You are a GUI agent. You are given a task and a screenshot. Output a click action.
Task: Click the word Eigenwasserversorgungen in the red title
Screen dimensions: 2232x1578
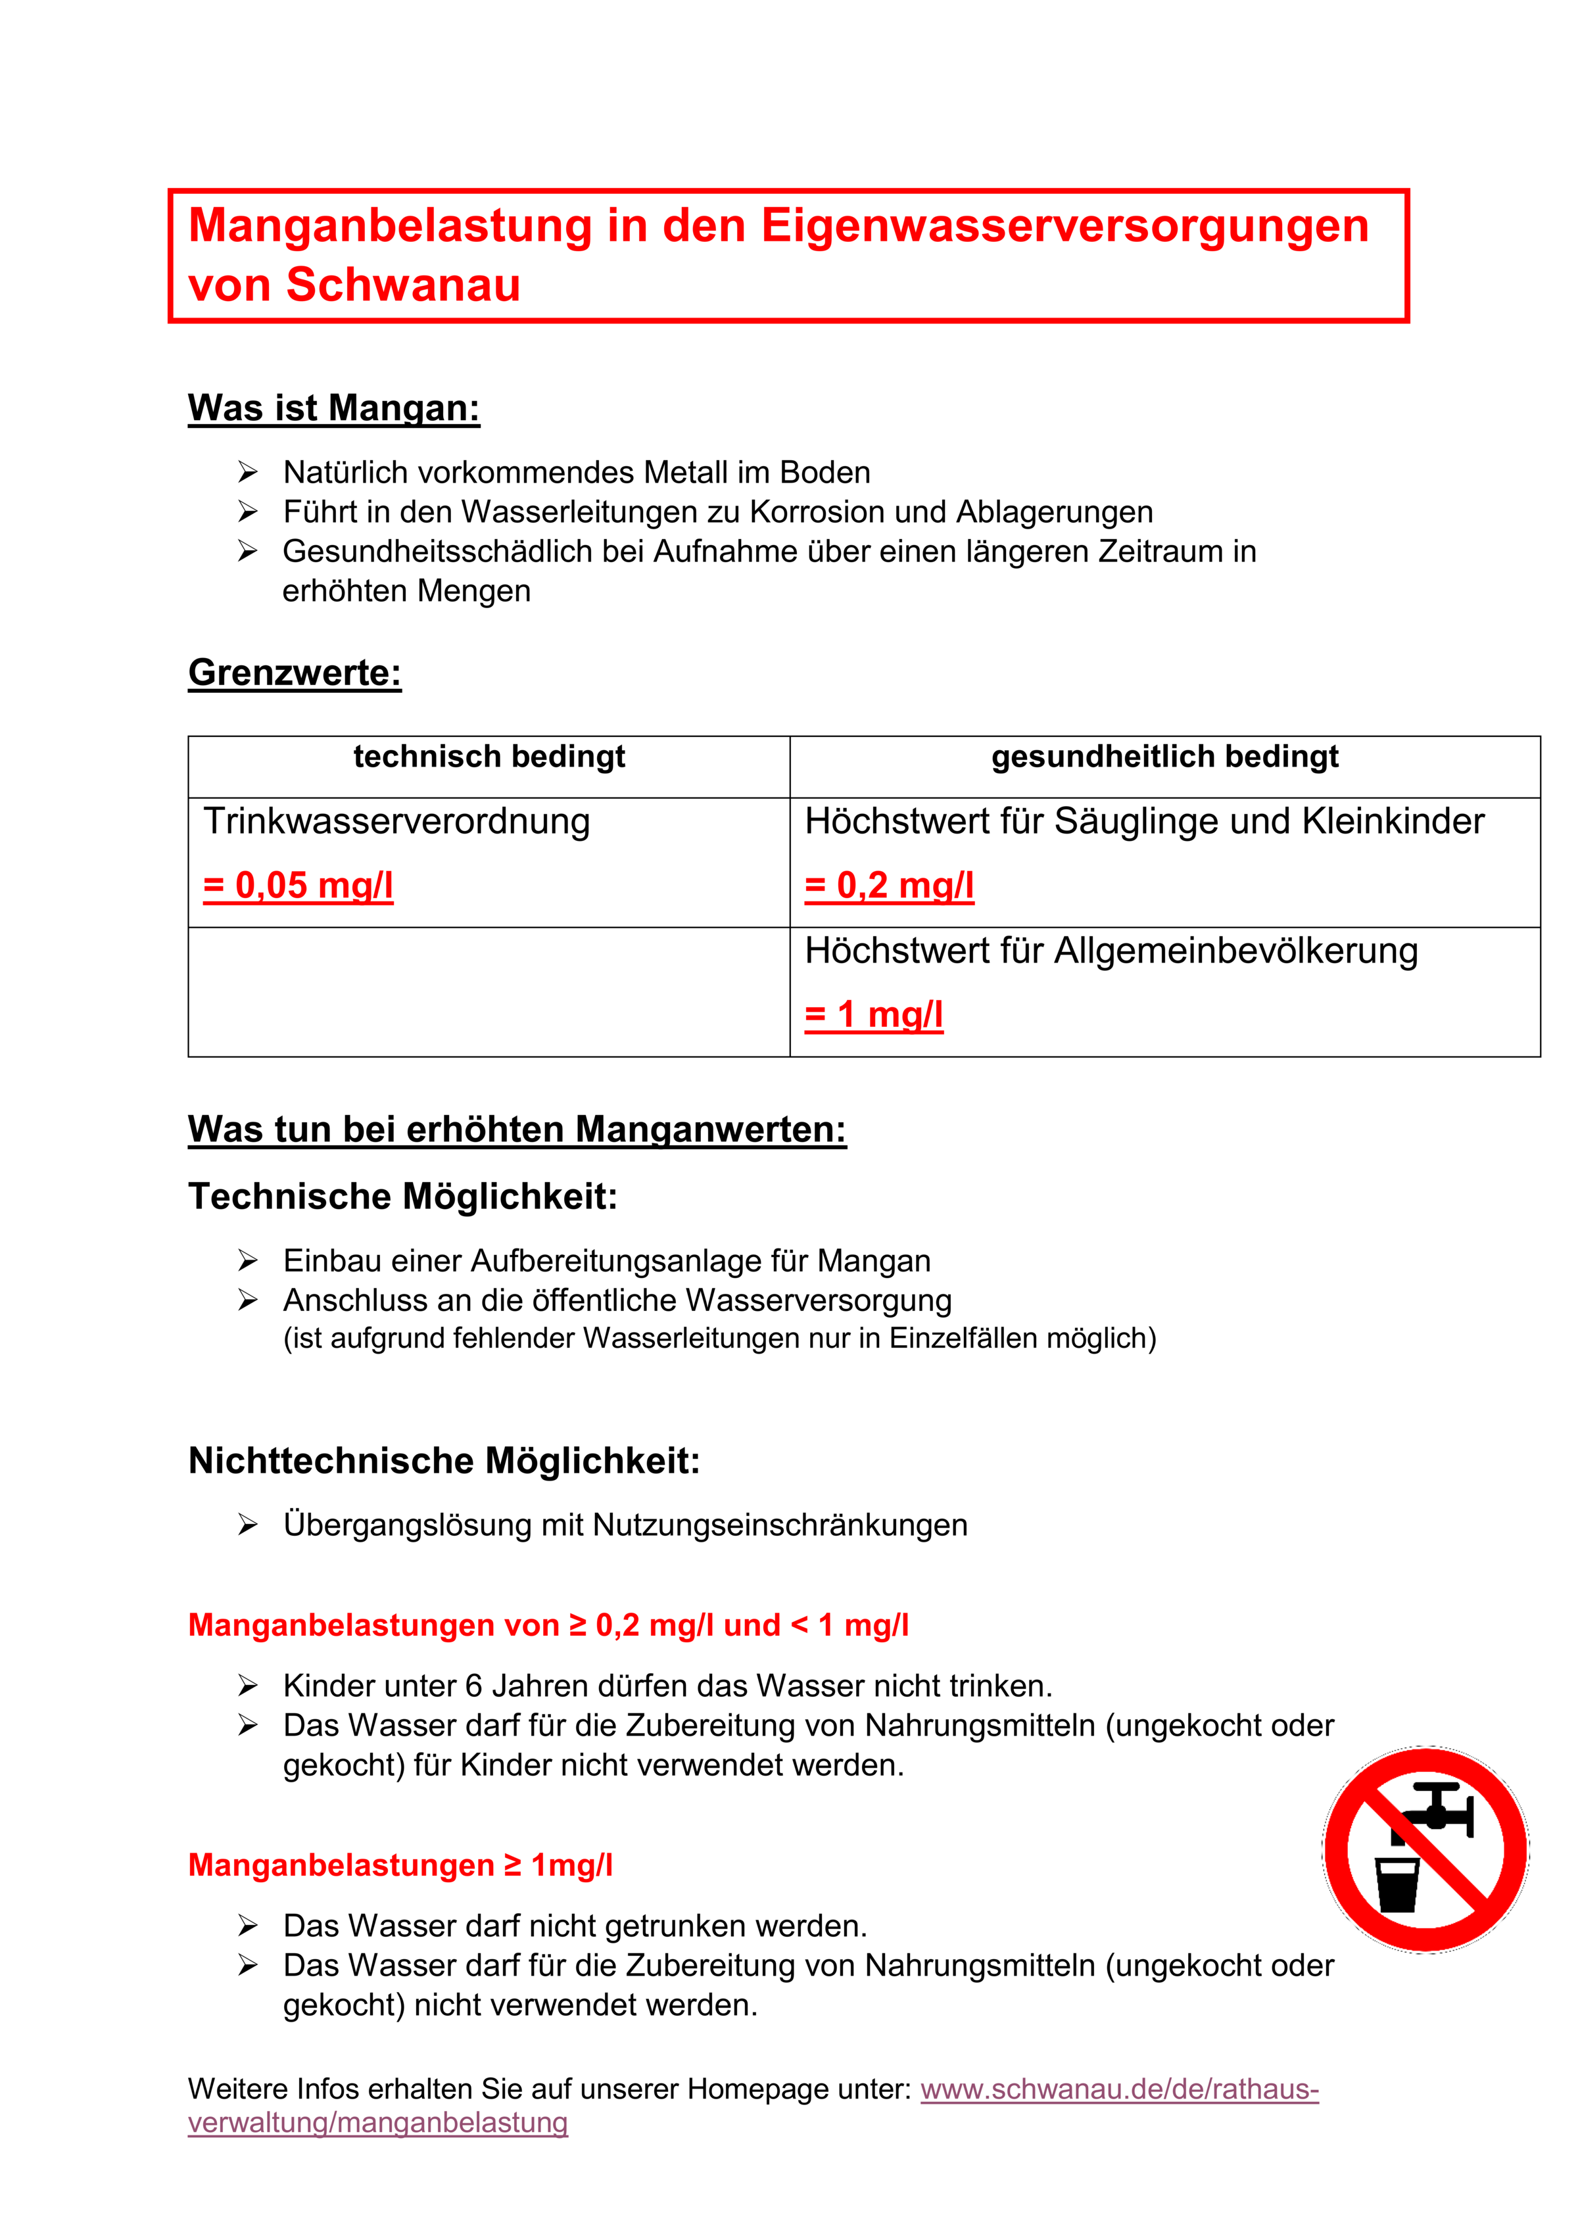coord(1064,226)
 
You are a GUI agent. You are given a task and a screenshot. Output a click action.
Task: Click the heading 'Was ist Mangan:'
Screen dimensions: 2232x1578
coord(333,408)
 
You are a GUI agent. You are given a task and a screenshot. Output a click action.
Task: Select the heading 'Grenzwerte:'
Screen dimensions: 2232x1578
coord(295,673)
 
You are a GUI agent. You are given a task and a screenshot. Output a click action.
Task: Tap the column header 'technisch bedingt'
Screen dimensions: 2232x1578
coord(489,756)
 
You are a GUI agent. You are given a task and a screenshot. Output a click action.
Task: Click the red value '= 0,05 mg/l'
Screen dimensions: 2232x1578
coord(299,886)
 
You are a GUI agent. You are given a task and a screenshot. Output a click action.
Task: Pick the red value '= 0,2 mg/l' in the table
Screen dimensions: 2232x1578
coord(889,886)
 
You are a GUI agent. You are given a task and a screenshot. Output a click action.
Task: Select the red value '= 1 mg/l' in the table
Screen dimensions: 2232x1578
coord(874,1015)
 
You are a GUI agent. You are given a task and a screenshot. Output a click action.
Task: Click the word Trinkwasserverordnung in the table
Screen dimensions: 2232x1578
coord(396,821)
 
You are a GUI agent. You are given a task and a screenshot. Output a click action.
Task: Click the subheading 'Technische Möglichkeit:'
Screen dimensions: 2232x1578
coord(402,1197)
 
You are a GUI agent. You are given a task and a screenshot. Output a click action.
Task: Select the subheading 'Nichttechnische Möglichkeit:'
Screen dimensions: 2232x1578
coord(444,1461)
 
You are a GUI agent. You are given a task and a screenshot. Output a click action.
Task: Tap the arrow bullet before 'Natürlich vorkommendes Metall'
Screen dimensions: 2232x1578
coord(248,473)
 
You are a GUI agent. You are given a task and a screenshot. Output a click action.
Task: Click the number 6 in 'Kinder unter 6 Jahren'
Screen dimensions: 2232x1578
coord(473,1686)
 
